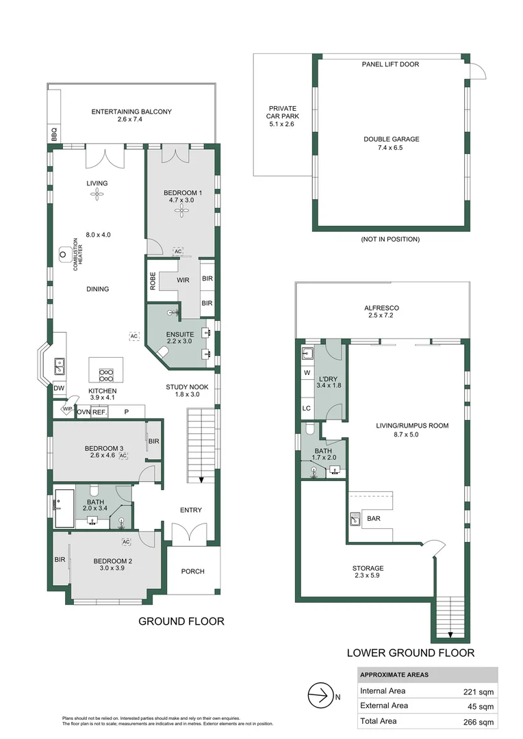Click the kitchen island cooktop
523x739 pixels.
pos(107,374)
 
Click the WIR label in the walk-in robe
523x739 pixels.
pos(183,279)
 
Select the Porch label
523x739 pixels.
pos(192,571)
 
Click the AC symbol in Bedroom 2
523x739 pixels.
pos(126,542)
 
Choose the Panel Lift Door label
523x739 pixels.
pos(390,64)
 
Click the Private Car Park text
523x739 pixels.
pos(283,116)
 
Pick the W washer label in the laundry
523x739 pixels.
pos(306,373)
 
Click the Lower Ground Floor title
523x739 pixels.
pos(410,653)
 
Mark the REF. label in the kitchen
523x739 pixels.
pos(100,412)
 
